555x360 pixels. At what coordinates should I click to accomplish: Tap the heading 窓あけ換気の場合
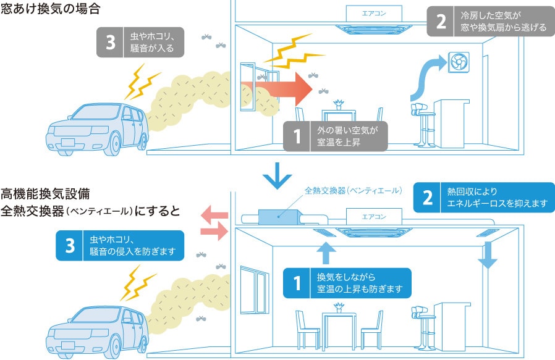tap(50, 10)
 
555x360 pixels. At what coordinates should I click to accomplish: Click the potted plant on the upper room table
tap(338, 103)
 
